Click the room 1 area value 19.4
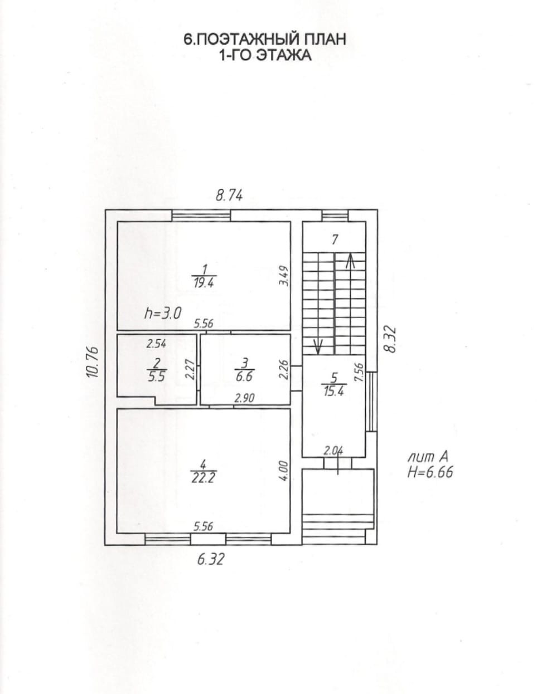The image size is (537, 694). (204, 283)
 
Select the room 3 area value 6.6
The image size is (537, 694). (245, 377)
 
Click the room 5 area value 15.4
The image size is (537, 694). (334, 391)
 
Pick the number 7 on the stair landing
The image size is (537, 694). (335, 240)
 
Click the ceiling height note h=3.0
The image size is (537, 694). (163, 313)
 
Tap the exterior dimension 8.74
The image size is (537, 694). (229, 195)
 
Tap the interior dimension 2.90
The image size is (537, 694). (245, 398)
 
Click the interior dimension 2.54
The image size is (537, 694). (156, 344)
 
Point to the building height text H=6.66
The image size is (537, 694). (430, 472)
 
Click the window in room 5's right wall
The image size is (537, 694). (371, 402)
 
